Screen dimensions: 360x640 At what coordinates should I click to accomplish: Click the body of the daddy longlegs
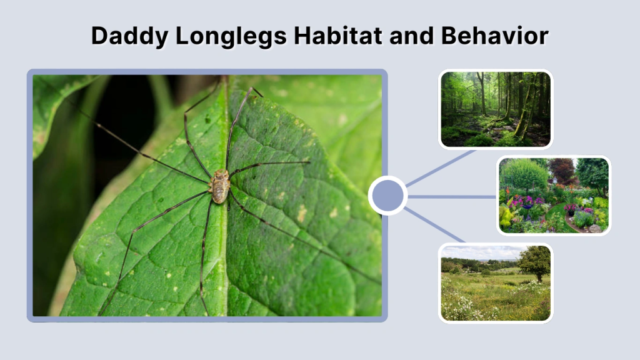219,186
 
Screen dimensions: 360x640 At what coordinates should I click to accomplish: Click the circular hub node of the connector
387,196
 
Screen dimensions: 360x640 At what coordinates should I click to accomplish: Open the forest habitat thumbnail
496,109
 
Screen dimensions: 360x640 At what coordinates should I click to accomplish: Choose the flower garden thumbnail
554,195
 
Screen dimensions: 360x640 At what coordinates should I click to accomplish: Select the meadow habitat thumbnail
496,282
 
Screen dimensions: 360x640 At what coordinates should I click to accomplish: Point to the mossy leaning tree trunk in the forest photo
522,119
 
